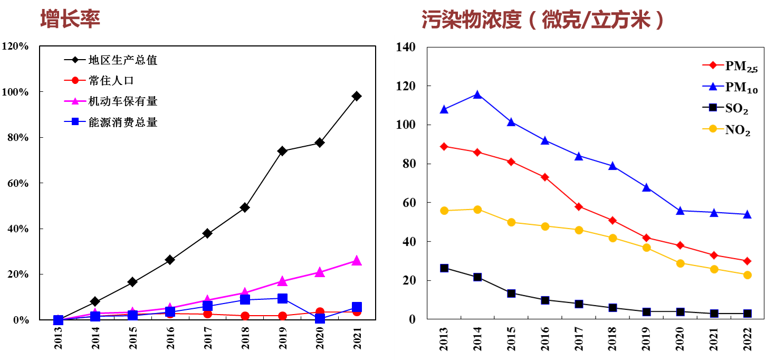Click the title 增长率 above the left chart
coord(70,18)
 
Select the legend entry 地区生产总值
coord(122,60)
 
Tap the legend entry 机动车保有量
coord(122,101)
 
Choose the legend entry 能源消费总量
coord(122,122)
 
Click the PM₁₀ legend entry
coord(741,89)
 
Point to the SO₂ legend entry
coord(736,109)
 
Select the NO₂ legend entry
coord(738,130)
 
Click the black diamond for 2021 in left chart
coord(357,96)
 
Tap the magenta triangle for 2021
coord(357,261)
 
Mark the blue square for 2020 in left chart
coord(320,319)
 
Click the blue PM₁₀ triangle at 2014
coord(477,94)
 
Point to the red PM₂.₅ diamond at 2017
coord(579,206)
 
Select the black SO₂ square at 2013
coord(444,268)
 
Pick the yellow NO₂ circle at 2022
coord(747,275)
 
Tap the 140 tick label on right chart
coord(406,48)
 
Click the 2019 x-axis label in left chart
coord(282,338)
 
